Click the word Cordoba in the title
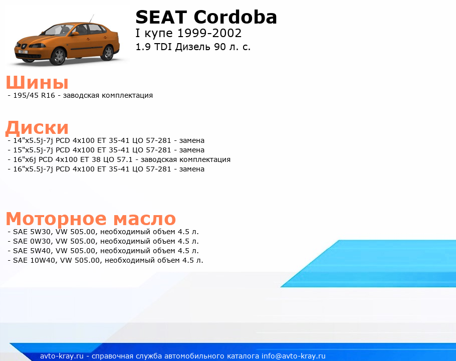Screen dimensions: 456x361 [x=235, y=17]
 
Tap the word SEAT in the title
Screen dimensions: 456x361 [x=161, y=17]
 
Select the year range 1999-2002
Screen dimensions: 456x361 [x=209, y=33]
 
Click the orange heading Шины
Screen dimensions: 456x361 [x=37, y=82]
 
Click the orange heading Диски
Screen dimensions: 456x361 [x=37, y=128]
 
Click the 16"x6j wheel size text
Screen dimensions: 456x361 [x=25, y=160]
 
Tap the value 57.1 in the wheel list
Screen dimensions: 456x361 [x=124, y=160]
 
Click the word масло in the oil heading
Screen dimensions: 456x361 [x=144, y=219]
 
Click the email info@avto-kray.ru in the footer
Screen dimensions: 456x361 [x=294, y=356]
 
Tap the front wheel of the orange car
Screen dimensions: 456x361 [x=59, y=56]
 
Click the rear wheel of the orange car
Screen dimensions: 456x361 [x=108, y=53]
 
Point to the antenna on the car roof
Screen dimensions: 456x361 [x=91, y=19]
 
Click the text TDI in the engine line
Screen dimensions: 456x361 [x=163, y=47]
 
